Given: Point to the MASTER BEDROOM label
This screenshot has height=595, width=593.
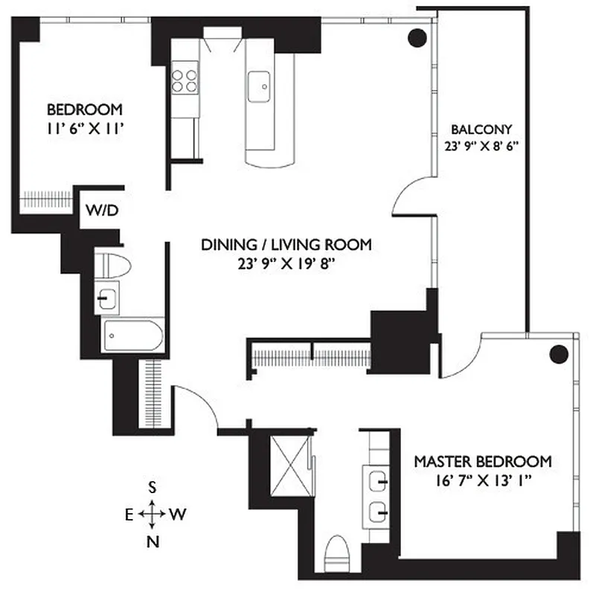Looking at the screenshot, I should pos(483,460).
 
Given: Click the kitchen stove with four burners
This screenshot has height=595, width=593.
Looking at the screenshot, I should pos(185,80).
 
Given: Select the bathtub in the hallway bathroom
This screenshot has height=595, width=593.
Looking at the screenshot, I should pos(132,335).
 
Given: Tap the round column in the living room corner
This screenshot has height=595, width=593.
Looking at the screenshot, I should pos(417,37).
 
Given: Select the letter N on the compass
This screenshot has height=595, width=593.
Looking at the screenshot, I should pos(153,541).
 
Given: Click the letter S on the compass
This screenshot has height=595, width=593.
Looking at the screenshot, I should pos(152,487).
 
